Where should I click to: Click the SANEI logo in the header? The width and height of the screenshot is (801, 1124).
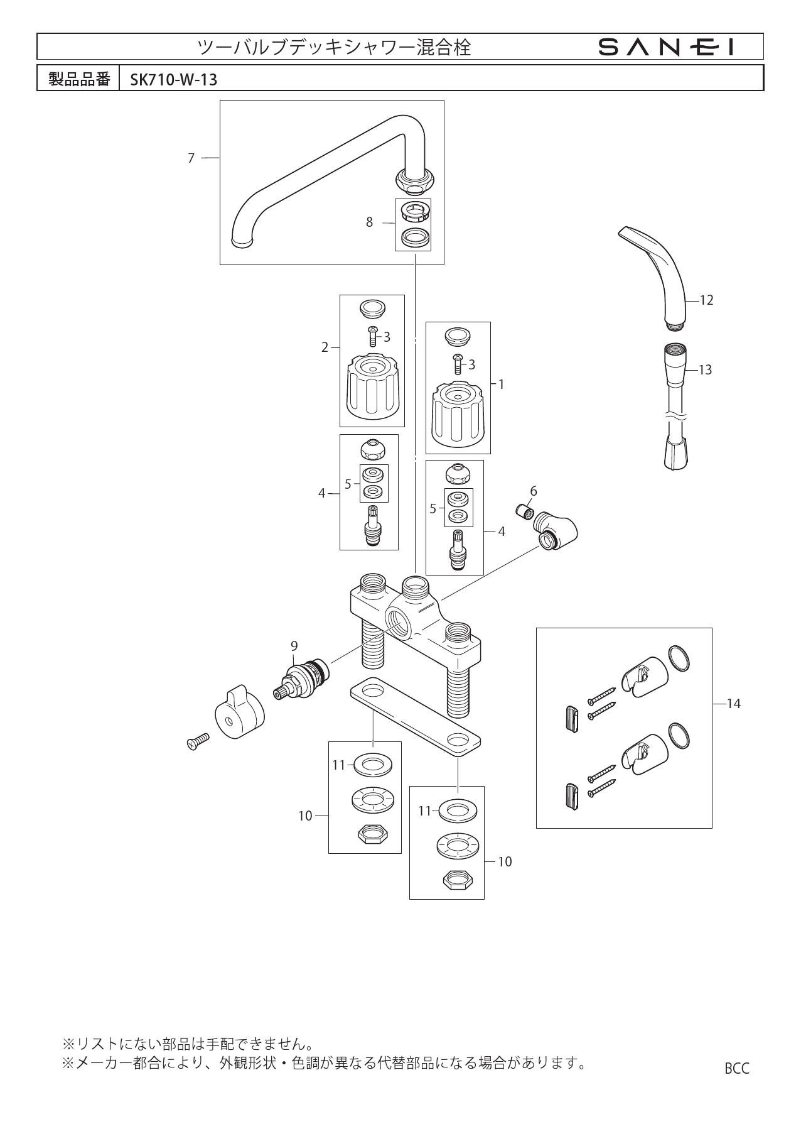tap(666, 47)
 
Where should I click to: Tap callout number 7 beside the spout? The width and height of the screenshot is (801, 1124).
tap(191, 158)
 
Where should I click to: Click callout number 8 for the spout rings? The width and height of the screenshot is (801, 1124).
tap(370, 222)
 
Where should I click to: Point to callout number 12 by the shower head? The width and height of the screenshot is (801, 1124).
tap(706, 300)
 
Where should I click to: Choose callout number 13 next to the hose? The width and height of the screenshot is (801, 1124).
tap(705, 369)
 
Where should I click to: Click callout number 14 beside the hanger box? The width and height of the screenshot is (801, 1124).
tap(733, 704)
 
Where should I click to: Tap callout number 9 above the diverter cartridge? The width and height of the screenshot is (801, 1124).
tap(294, 646)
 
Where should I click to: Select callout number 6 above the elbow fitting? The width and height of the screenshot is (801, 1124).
tap(534, 491)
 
